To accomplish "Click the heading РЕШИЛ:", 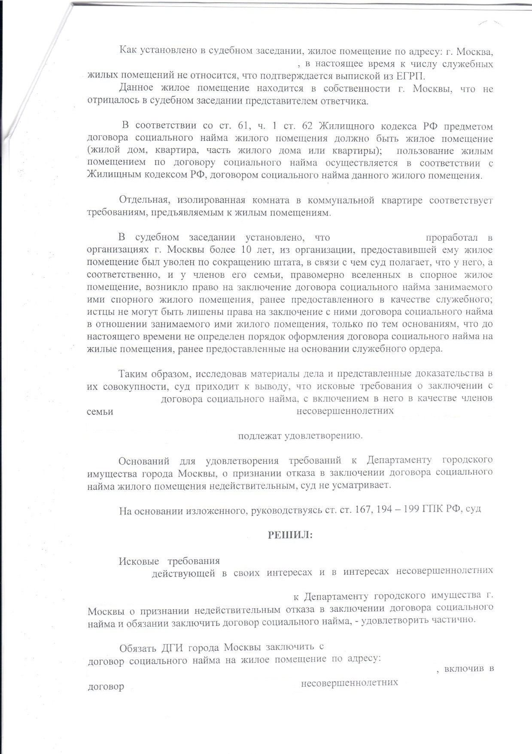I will [290, 535].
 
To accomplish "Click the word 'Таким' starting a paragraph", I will [133, 374].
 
